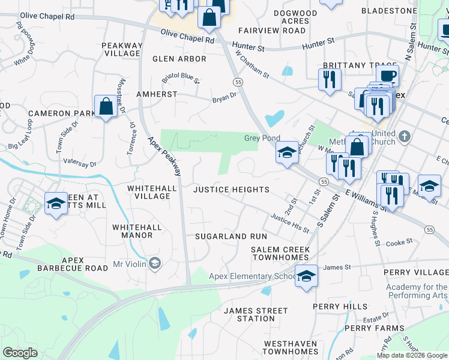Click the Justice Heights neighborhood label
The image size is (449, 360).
[231, 190]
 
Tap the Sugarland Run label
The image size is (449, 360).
[231, 237]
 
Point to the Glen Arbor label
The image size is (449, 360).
[179, 59]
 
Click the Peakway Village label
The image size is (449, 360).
[121, 49]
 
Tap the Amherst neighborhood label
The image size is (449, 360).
[157, 94]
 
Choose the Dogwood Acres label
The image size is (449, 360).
[295, 17]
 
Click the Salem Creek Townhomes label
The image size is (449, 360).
[280, 253]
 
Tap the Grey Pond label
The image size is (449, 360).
[262, 139]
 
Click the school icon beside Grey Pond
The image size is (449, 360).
[288, 152]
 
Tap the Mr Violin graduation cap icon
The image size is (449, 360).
[155, 263]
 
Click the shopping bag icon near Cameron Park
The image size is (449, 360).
[106, 107]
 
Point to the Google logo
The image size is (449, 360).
[20, 353]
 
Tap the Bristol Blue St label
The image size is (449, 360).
[181, 79]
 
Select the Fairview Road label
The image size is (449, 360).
[272, 31]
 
